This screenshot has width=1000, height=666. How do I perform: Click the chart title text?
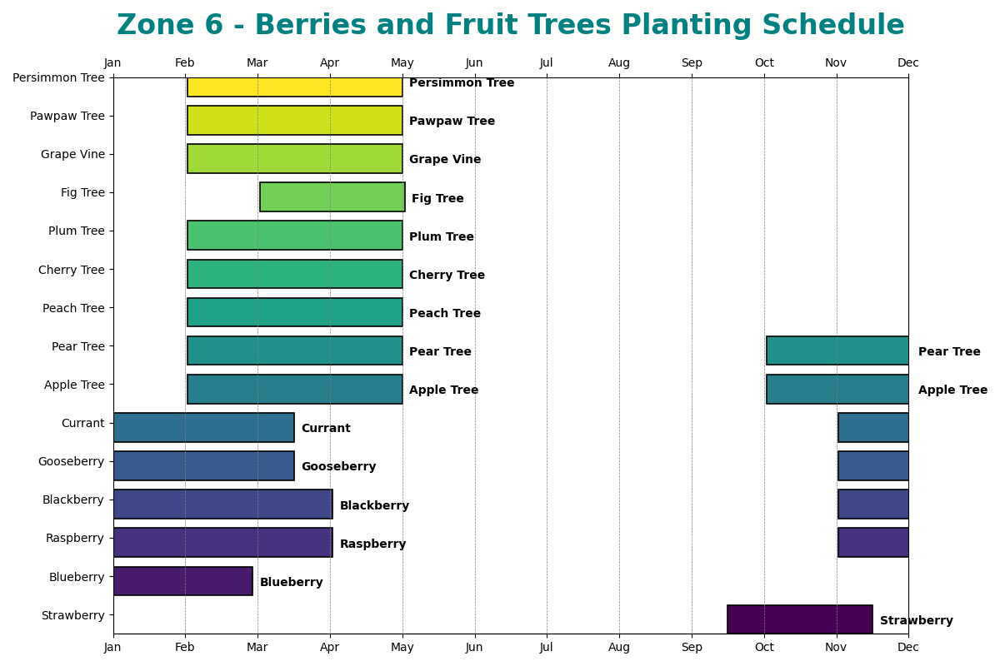click(x=510, y=26)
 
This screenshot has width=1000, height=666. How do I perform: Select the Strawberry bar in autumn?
click(x=799, y=619)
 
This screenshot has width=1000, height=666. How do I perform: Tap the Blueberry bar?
click(x=182, y=581)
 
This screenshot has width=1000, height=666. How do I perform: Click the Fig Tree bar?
click(x=332, y=197)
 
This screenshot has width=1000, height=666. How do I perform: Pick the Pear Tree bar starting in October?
click(x=837, y=350)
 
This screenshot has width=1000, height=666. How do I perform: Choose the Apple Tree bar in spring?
click(x=294, y=389)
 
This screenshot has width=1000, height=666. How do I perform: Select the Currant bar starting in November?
click(x=872, y=427)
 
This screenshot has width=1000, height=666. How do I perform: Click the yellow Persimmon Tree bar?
click(x=294, y=87)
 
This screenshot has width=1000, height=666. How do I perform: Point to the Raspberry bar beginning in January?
click(x=222, y=542)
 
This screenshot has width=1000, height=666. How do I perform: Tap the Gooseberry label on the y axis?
click(x=71, y=461)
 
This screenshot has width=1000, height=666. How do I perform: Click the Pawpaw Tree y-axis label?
click(x=67, y=116)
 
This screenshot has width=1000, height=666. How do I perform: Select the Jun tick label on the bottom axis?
click(x=474, y=647)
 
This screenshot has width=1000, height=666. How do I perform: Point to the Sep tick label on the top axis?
click(x=692, y=62)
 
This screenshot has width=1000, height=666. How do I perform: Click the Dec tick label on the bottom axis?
click(x=908, y=647)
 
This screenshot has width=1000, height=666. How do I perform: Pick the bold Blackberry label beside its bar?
click(x=374, y=505)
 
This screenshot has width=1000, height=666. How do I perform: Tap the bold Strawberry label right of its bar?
click(x=916, y=620)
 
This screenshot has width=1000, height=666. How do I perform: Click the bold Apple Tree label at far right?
click(x=952, y=390)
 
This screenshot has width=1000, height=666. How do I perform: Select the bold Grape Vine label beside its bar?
click(x=445, y=159)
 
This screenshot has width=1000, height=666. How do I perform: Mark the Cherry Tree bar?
click(x=294, y=274)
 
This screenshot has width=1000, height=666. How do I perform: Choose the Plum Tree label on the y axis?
click(x=77, y=231)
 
